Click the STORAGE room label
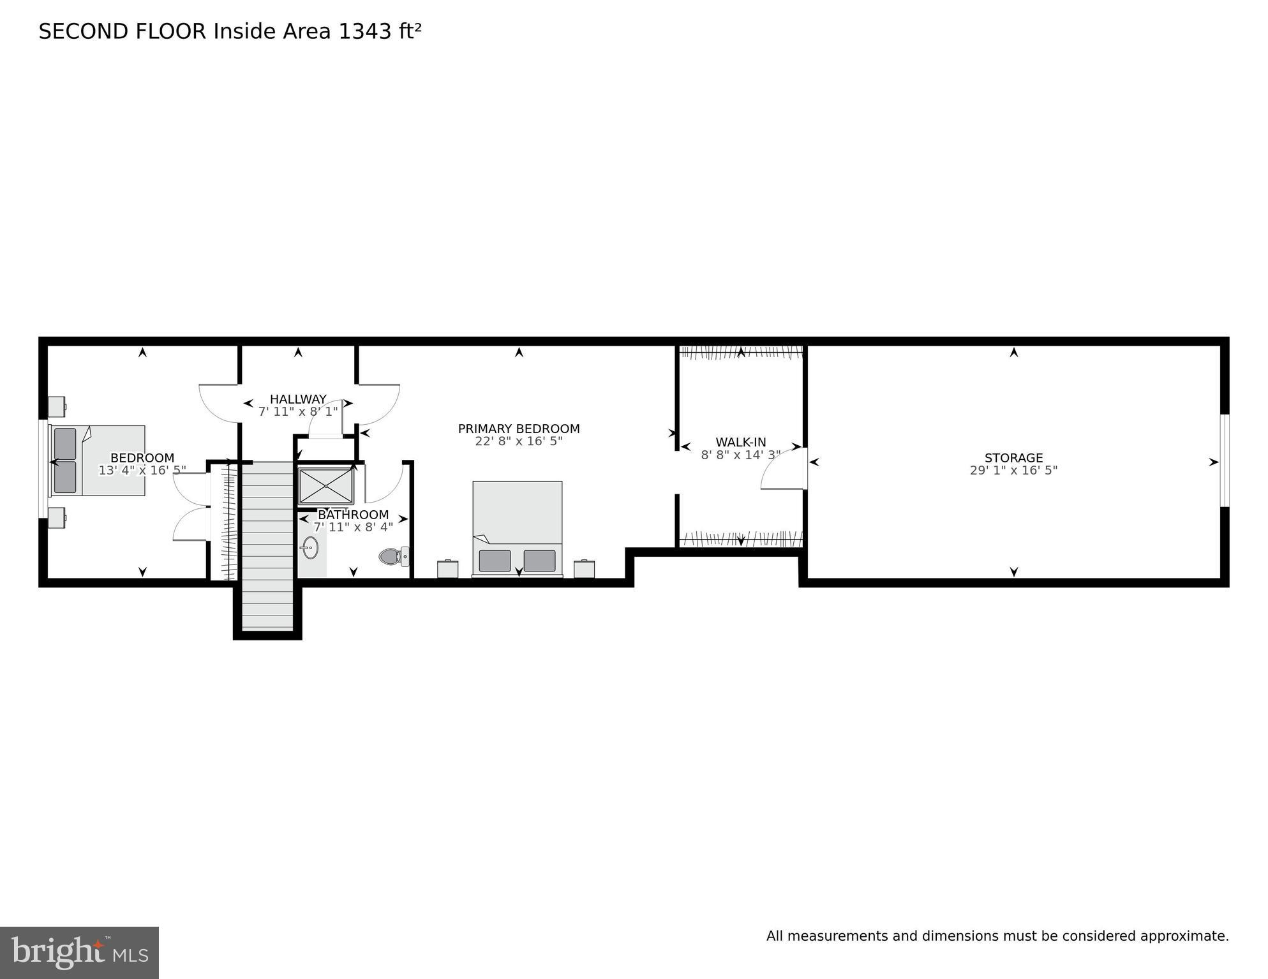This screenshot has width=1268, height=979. coord(1013,458)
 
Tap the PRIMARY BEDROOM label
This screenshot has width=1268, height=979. coord(519,429)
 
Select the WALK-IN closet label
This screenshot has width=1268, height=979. coord(740,442)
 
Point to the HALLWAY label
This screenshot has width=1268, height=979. coord(298,399)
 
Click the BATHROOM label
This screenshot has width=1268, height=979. coord(353,515)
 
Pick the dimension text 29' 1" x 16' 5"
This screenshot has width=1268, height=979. coord(1013,471)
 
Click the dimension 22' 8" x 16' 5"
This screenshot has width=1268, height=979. coord(519,441)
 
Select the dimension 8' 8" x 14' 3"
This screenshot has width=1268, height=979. coord(740,455)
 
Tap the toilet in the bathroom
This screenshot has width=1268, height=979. coord(392,557)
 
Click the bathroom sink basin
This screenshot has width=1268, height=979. coord(310,547)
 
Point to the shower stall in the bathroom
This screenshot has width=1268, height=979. coord(325,486)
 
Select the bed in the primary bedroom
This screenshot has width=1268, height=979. coord(517,528)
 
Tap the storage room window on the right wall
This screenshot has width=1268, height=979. coord(1224,460)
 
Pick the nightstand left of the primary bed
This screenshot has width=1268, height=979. coord(447,569)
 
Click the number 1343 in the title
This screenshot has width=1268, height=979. coord(365,31)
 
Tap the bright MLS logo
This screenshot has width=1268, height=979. coord(79,953)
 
